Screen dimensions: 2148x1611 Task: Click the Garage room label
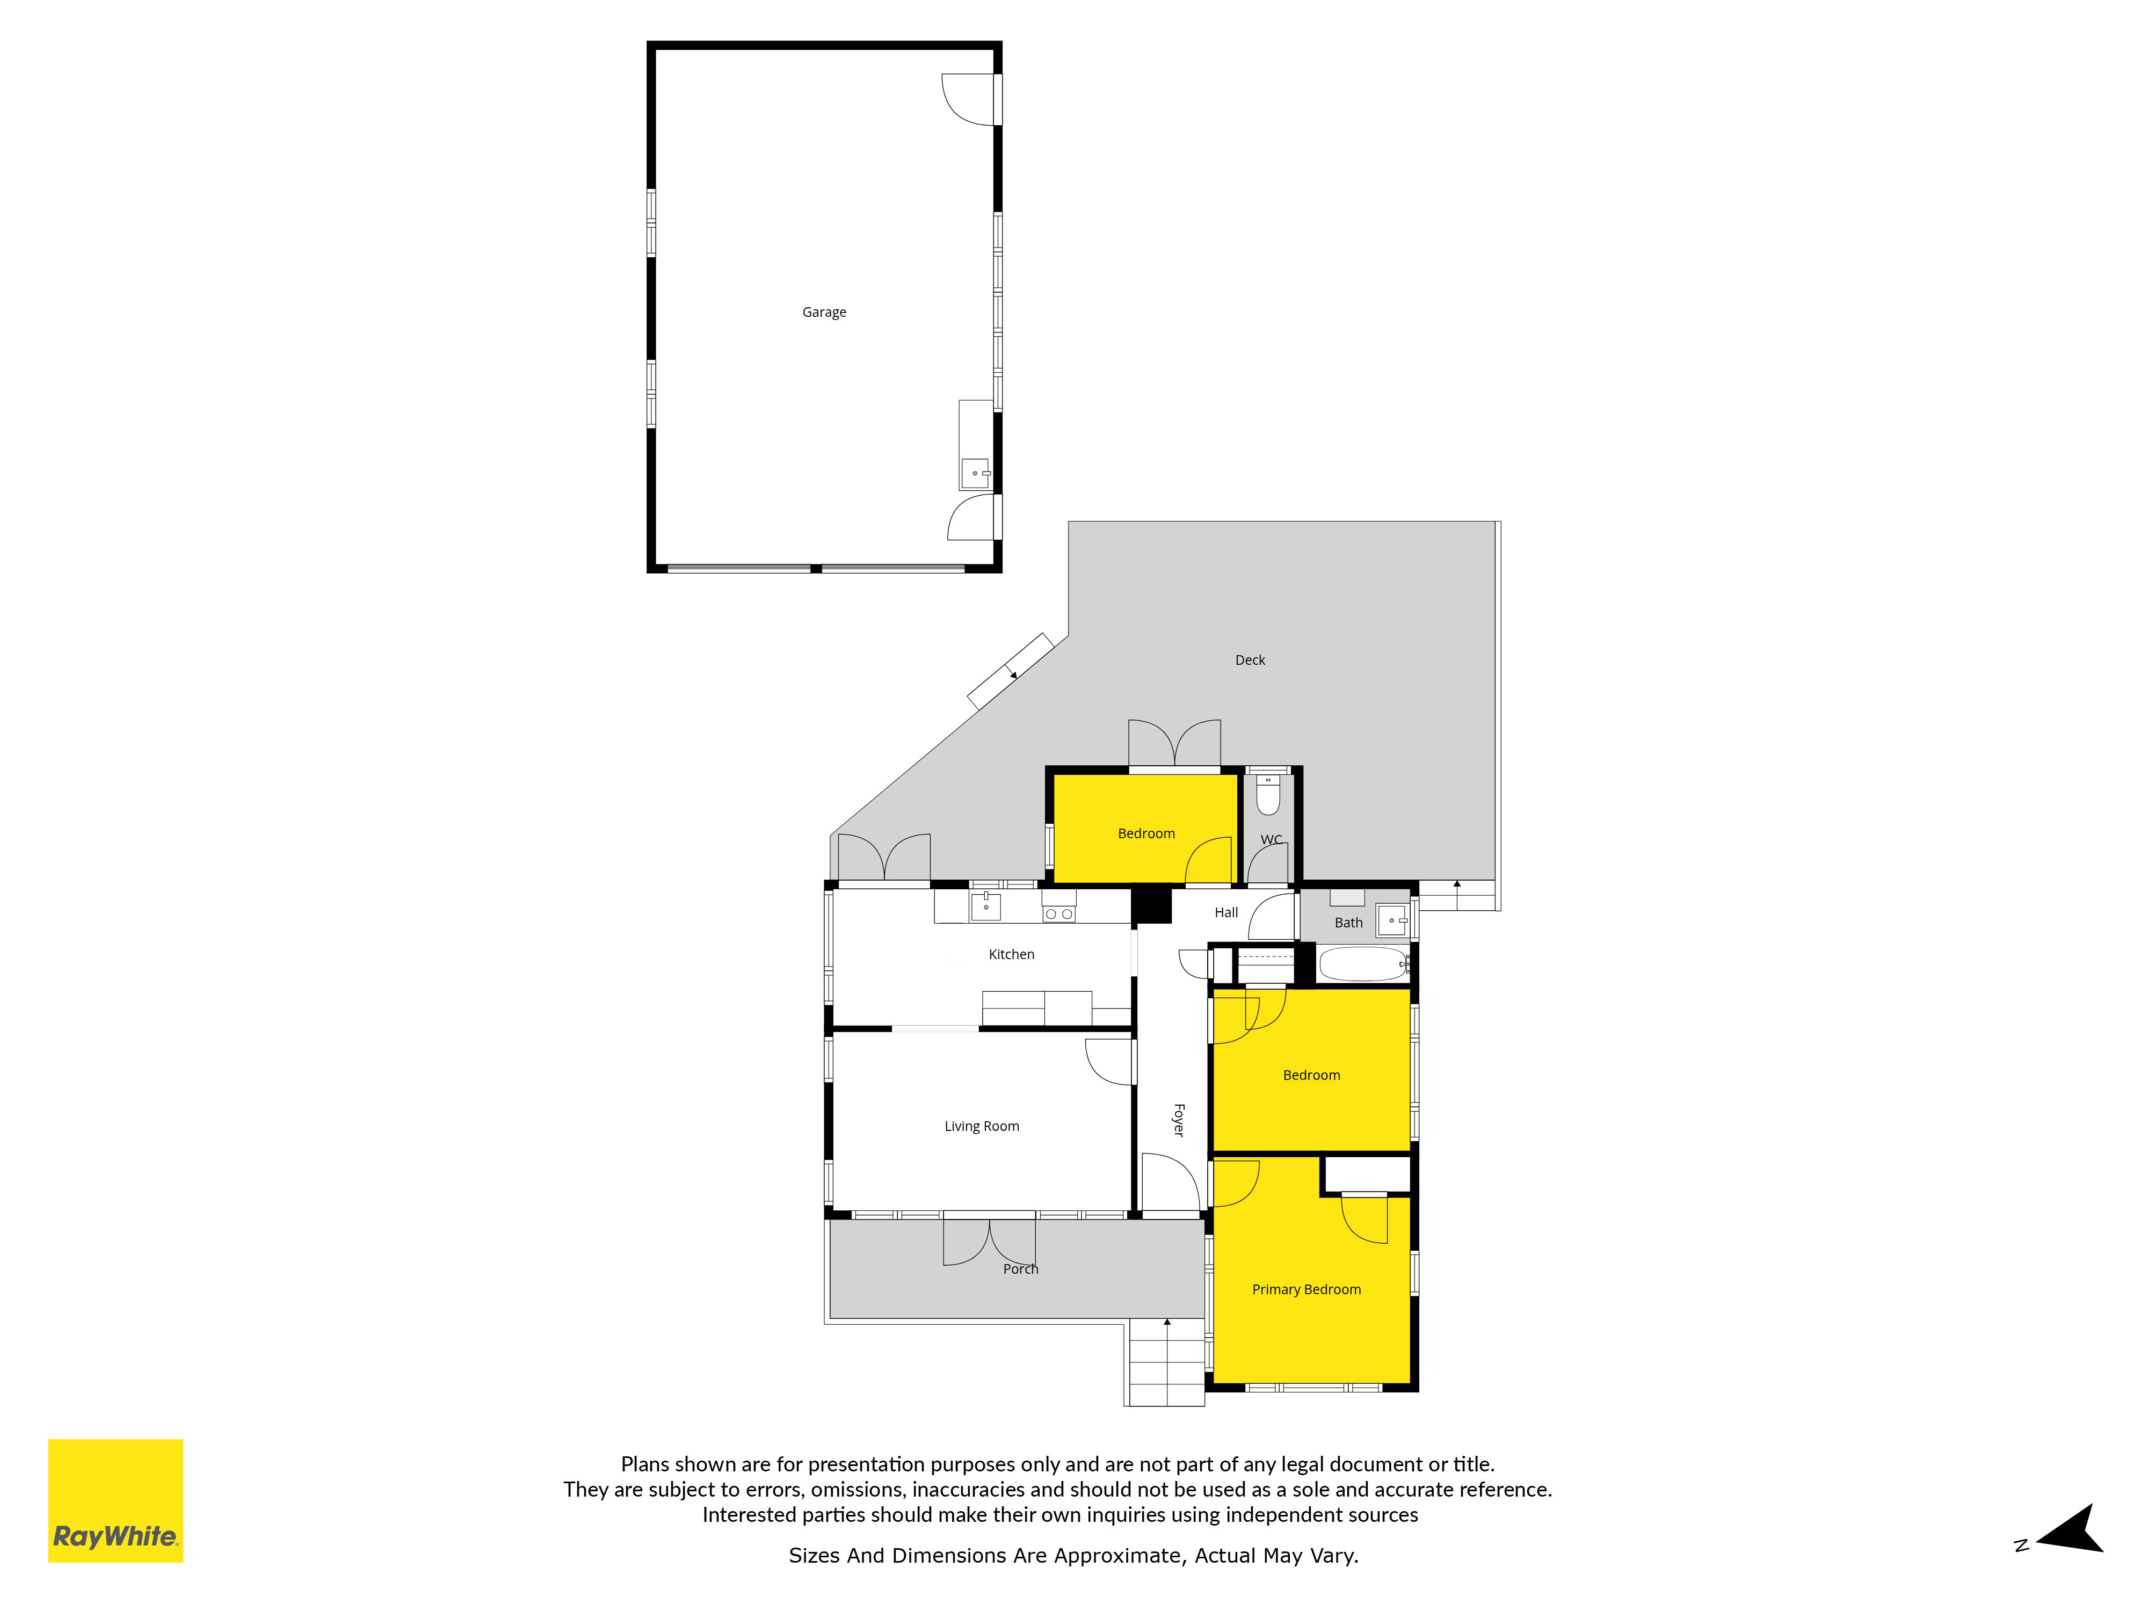coord(823,311)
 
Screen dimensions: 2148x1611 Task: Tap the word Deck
coord(1250,659)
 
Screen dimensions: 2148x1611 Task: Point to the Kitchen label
coord(1011,954)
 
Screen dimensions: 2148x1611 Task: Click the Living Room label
coord(982,1126)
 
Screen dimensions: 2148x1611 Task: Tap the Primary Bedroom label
coord(1306,1289)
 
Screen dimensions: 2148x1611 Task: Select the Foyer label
coord(1179,1120)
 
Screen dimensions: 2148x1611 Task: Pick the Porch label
coord(1021,1268)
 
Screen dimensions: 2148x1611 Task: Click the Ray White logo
coord(115,1500)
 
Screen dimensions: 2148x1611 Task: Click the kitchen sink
coord(985,906)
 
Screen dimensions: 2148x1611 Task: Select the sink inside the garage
coord(975,474)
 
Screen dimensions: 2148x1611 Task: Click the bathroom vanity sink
coord(1392,919)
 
